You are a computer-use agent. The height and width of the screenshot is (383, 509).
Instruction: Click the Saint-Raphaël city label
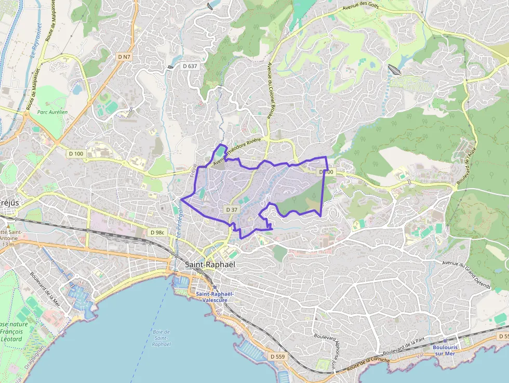click(210, 265)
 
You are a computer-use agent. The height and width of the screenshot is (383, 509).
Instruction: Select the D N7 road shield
click(124, 56)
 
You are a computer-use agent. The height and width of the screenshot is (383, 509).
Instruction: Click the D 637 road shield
click(190, 66)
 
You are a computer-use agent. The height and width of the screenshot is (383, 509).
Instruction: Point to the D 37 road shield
click(232, 209)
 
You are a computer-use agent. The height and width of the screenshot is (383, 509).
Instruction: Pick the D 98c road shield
click(156, 232)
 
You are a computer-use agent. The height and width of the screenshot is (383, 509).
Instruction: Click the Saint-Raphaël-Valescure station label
click(215, 297)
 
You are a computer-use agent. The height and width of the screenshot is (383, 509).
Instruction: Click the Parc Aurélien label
click(52, 112)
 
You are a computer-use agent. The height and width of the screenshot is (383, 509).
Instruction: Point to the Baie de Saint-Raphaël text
click(162, 338)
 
